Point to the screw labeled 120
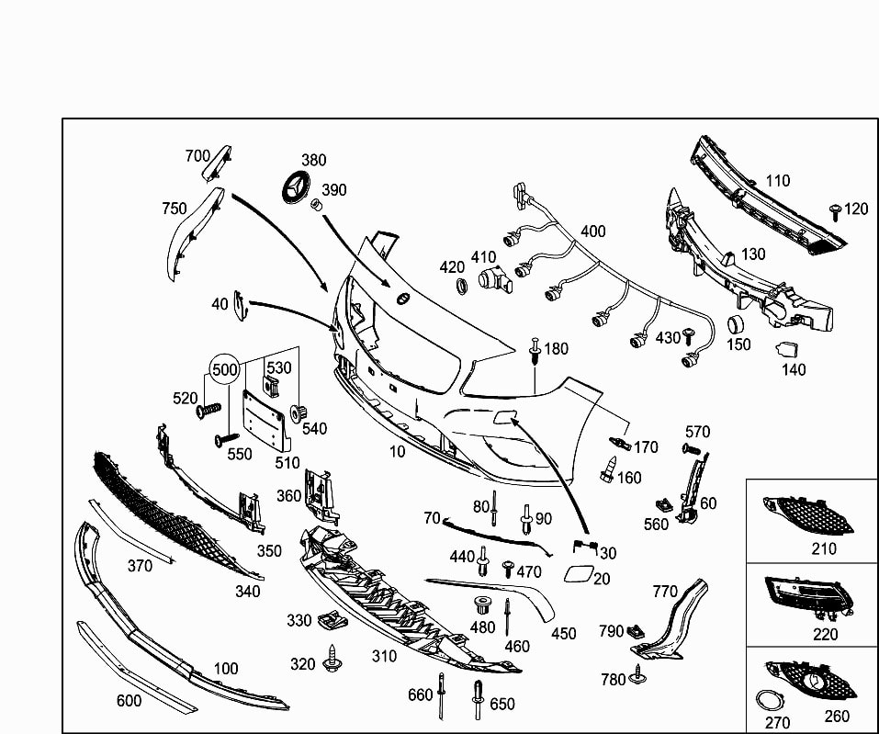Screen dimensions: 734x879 [x=836, y=212]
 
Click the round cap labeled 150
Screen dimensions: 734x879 [x=735, y=324]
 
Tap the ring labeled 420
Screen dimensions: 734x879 [x=463, y=286]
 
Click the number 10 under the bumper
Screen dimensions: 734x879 [x=397, y=451]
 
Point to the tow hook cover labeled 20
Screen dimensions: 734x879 [x=580, y=576]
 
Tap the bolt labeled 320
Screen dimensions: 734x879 [x=331, y=661]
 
